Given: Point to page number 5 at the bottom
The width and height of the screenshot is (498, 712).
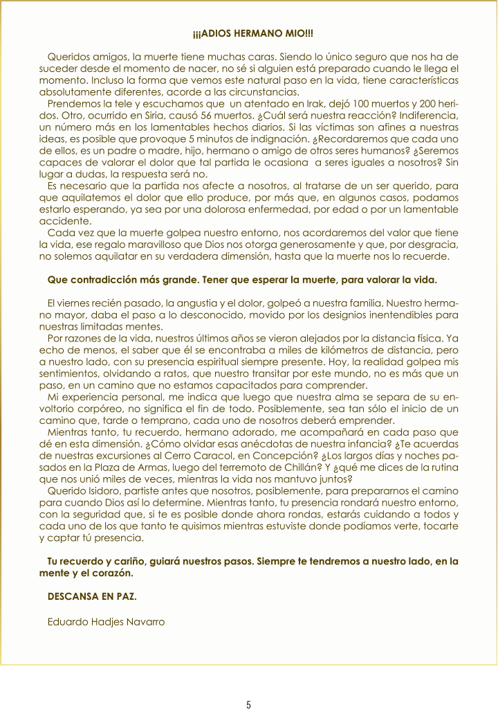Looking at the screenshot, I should point(248,705).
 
